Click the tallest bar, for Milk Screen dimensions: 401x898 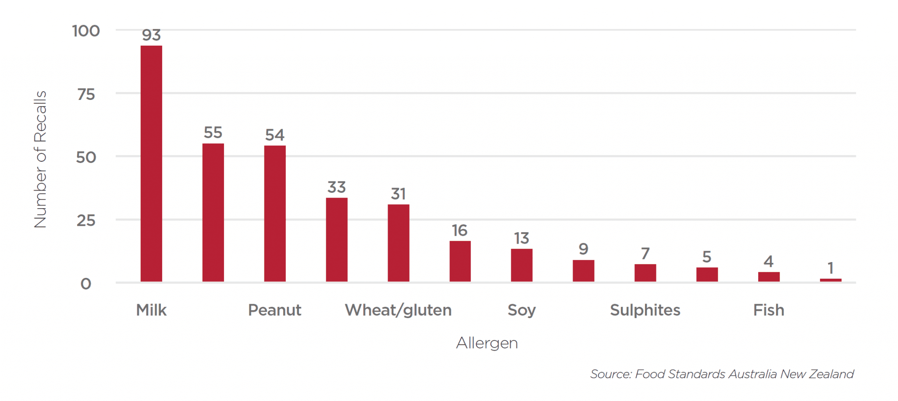151,163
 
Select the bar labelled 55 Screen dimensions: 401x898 213,213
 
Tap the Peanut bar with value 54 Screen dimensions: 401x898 275,213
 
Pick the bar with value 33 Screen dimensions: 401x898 337,240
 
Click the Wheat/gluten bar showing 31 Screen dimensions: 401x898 399,243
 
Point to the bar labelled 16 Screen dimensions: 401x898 460,261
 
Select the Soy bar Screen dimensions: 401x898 522,265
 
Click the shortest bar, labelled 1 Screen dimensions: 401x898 830,280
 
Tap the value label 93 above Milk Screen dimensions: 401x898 151,35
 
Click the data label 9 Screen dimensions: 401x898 583,249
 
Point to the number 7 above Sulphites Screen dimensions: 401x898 645,254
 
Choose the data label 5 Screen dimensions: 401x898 707,257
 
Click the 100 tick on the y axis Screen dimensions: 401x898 86,31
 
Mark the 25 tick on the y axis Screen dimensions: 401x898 86,220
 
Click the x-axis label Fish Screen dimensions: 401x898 769,310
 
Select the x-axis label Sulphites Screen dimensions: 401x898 645,310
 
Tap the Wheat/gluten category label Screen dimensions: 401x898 398,310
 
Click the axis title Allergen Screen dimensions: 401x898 487,343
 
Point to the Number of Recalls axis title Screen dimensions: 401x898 40,159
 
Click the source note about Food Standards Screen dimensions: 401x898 722,374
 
